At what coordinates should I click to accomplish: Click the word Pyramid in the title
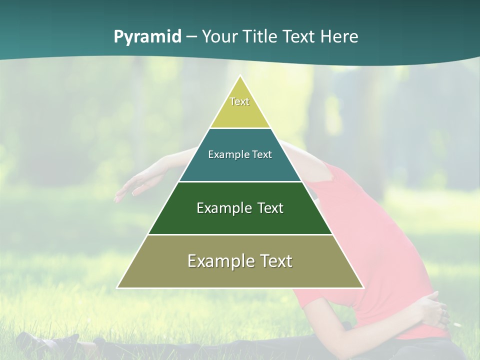[147, 37]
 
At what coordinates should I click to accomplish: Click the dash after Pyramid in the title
[191, 37]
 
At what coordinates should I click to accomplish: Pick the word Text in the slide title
[299, 36]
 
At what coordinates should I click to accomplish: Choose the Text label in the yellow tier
[239, 101]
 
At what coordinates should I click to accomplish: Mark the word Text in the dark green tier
[270, 208]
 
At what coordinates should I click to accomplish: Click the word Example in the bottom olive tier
[220, 261]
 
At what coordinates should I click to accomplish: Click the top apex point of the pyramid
[240, 76]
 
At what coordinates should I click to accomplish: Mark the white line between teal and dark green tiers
[240, 181]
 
